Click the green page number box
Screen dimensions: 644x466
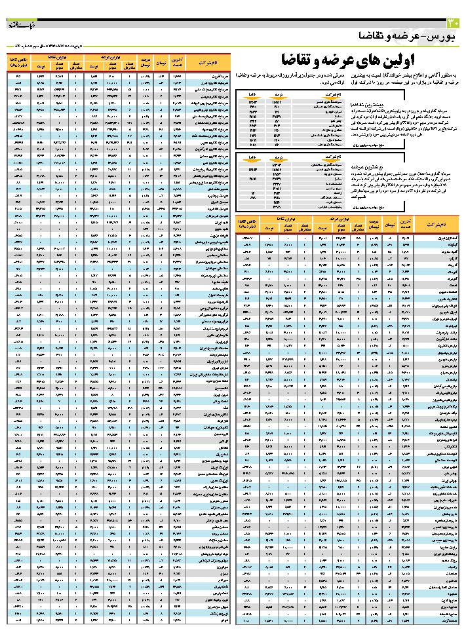coord(455,24)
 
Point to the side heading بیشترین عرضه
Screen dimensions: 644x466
coord(351,167)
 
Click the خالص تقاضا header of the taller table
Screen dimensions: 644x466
coord(18,62)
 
